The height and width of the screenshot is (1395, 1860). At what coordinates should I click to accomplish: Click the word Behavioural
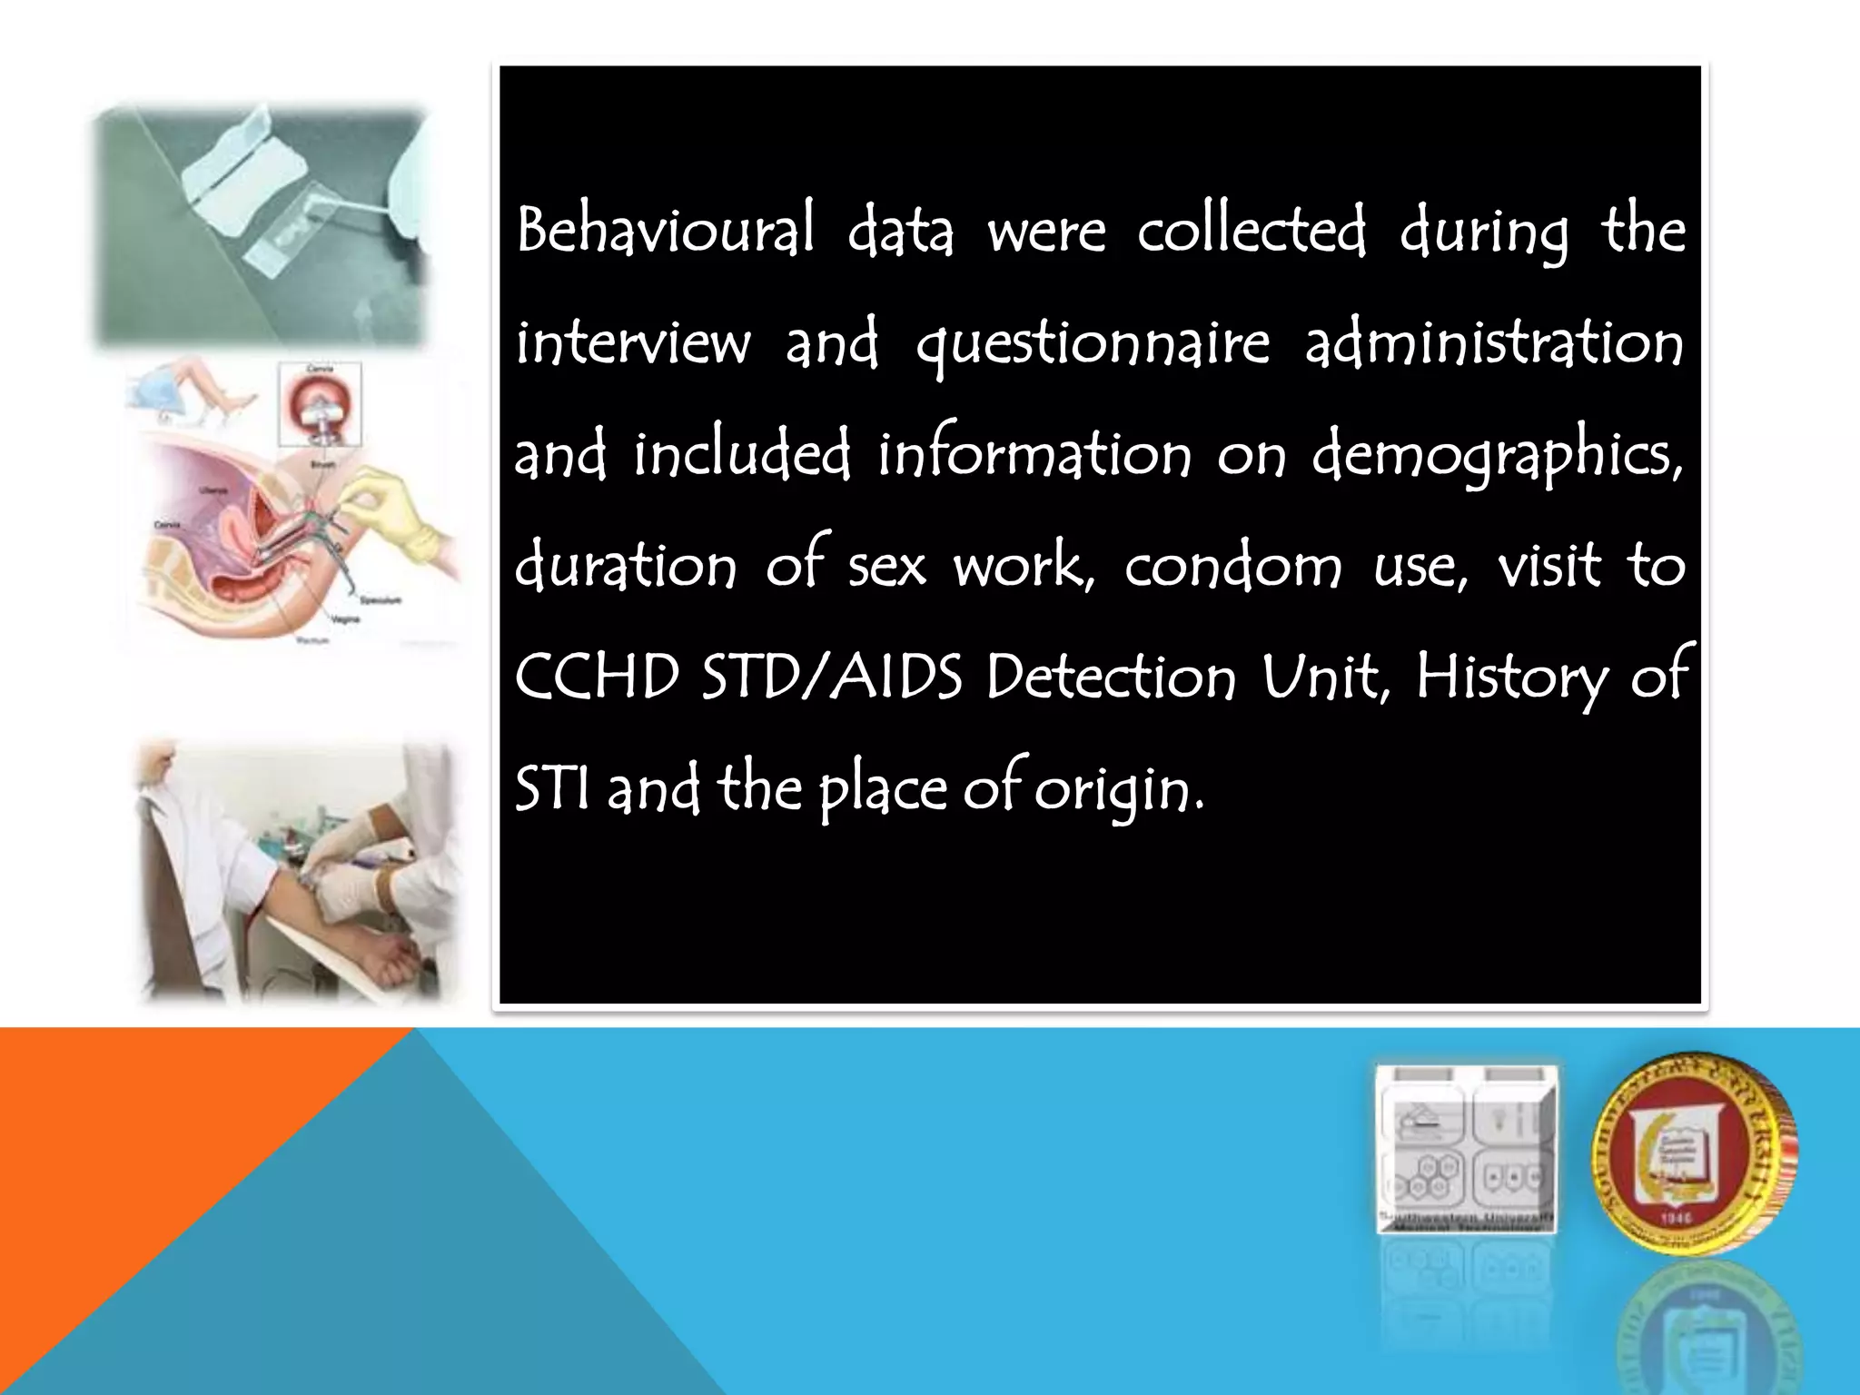click(665, 231)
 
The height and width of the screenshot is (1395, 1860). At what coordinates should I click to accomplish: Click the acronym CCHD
click(597, 678)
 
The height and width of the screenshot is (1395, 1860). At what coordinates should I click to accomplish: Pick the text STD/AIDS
click(832, 678)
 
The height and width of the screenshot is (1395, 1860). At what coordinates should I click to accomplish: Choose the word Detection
click(1111, 678)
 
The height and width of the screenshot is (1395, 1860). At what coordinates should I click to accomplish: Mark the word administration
click(1494, 343)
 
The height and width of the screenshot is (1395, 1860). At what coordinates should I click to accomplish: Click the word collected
click(1252, 231)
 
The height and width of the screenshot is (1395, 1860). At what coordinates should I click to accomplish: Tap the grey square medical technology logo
click(1466, 1149)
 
